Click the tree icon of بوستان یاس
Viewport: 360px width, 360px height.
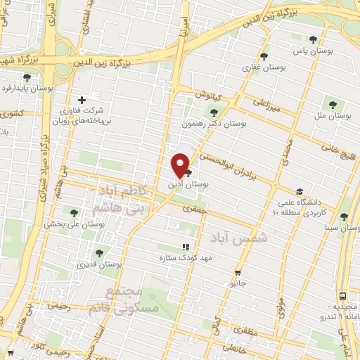(313, 39)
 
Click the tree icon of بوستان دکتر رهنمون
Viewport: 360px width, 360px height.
(214, 111)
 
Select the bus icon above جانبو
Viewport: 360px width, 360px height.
(239, 272)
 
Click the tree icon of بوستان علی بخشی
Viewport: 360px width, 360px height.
(74, 212)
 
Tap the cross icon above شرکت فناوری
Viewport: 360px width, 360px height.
(82, 101)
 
